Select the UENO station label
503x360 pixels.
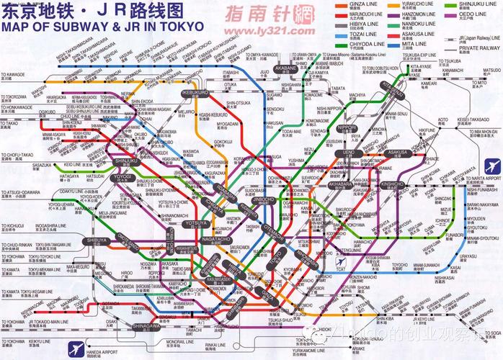(348, 153)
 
